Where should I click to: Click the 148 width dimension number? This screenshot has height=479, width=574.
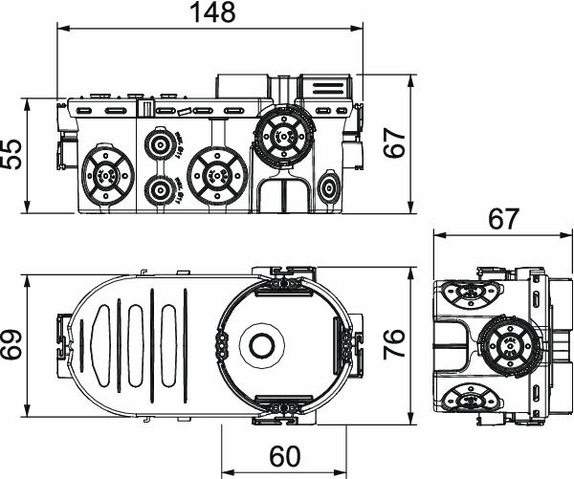tap(212, 14)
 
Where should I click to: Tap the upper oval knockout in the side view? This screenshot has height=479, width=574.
tap(474, 293)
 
